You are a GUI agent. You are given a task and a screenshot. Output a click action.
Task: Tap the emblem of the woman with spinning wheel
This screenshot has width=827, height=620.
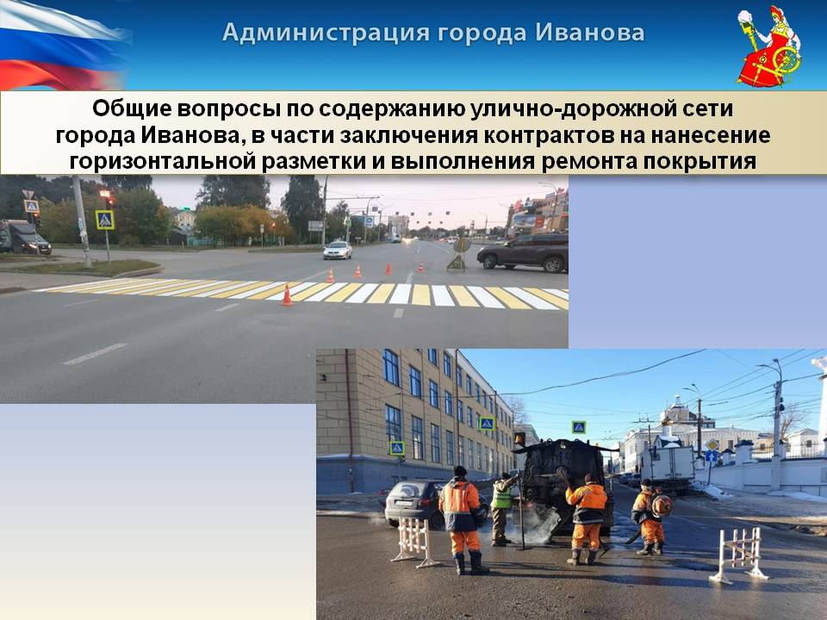point(769,46)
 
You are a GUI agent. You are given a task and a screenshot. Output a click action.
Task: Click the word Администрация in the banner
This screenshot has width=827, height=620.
point(326,33)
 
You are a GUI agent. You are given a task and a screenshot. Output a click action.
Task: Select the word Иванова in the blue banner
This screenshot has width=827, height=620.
point(589,33)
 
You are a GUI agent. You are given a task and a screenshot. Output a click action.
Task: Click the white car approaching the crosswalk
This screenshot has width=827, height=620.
point(338,250)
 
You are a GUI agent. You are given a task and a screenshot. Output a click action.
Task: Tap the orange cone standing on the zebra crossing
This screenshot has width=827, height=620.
point(287,295)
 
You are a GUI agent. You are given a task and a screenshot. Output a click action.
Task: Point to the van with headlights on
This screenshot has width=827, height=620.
point(24,238)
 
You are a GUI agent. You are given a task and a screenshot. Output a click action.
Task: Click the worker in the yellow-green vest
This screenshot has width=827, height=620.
point(501,509)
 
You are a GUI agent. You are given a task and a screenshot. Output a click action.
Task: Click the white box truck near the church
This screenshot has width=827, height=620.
point(667,468)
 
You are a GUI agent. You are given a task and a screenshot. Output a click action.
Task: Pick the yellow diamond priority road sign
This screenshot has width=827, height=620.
point(712,444)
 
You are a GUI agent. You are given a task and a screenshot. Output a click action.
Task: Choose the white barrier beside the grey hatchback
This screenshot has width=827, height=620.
point(414,542)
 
